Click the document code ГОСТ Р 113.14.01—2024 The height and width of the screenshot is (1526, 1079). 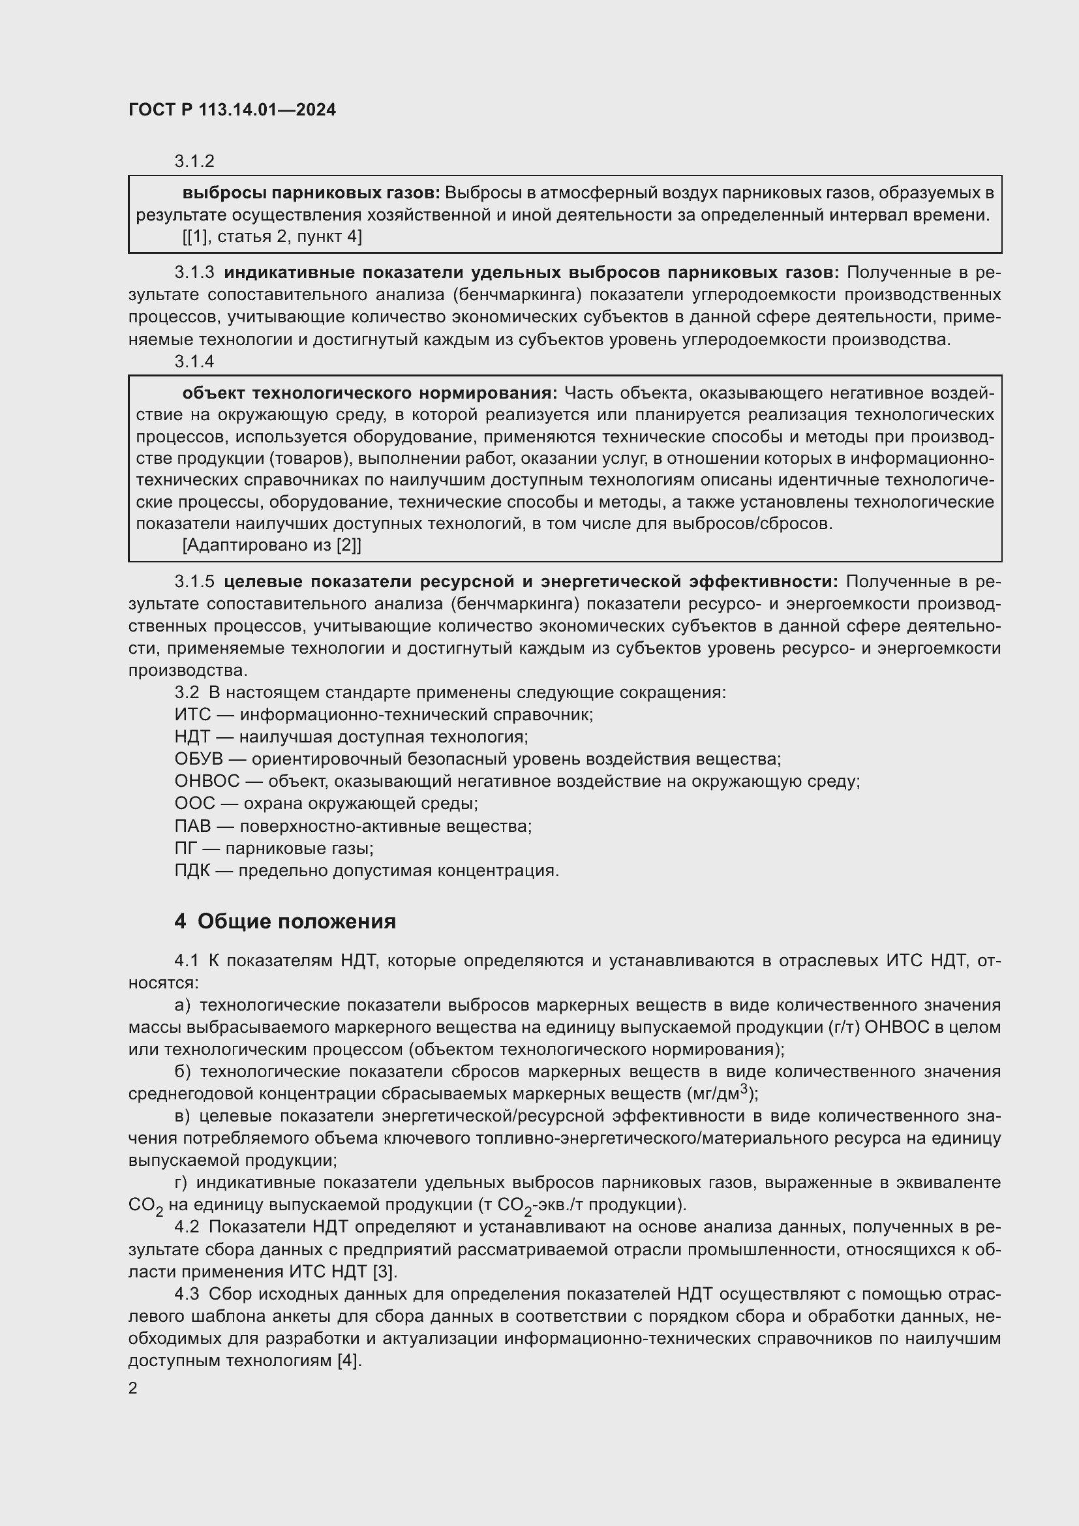(x=232, y=110)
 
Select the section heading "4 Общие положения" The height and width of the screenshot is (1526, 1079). (x=285, y=921)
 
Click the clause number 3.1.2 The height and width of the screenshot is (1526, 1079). (x=194, y=161)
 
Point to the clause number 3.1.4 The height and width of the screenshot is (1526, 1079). (x=194, y=361)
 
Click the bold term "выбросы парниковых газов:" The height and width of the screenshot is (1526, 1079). (x=311, y=193)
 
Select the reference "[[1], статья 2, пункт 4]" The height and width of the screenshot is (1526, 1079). (x=272, y=237)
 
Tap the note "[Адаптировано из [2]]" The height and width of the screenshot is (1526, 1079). (x=272, y=545)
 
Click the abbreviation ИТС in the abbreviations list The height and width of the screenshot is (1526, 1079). (x=192, y=715)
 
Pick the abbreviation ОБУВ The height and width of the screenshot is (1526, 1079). (x=199, y=759)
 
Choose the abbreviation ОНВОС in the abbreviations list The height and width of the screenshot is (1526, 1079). (x=207, y=782)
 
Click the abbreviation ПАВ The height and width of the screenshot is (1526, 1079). (x=192, y=826)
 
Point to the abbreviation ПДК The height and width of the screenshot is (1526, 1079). (x=192, y=871)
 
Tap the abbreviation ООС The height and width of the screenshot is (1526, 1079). (x=194, y=804)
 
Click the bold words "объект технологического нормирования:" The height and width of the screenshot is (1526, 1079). (x=369, y=393)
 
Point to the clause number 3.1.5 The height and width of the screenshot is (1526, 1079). (x=194, y=582)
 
